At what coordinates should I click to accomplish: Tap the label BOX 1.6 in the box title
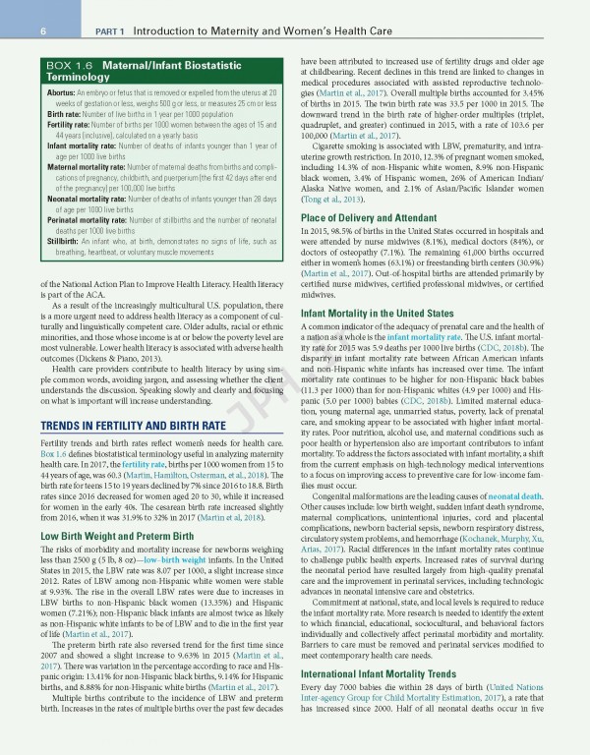tap(59, 66)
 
